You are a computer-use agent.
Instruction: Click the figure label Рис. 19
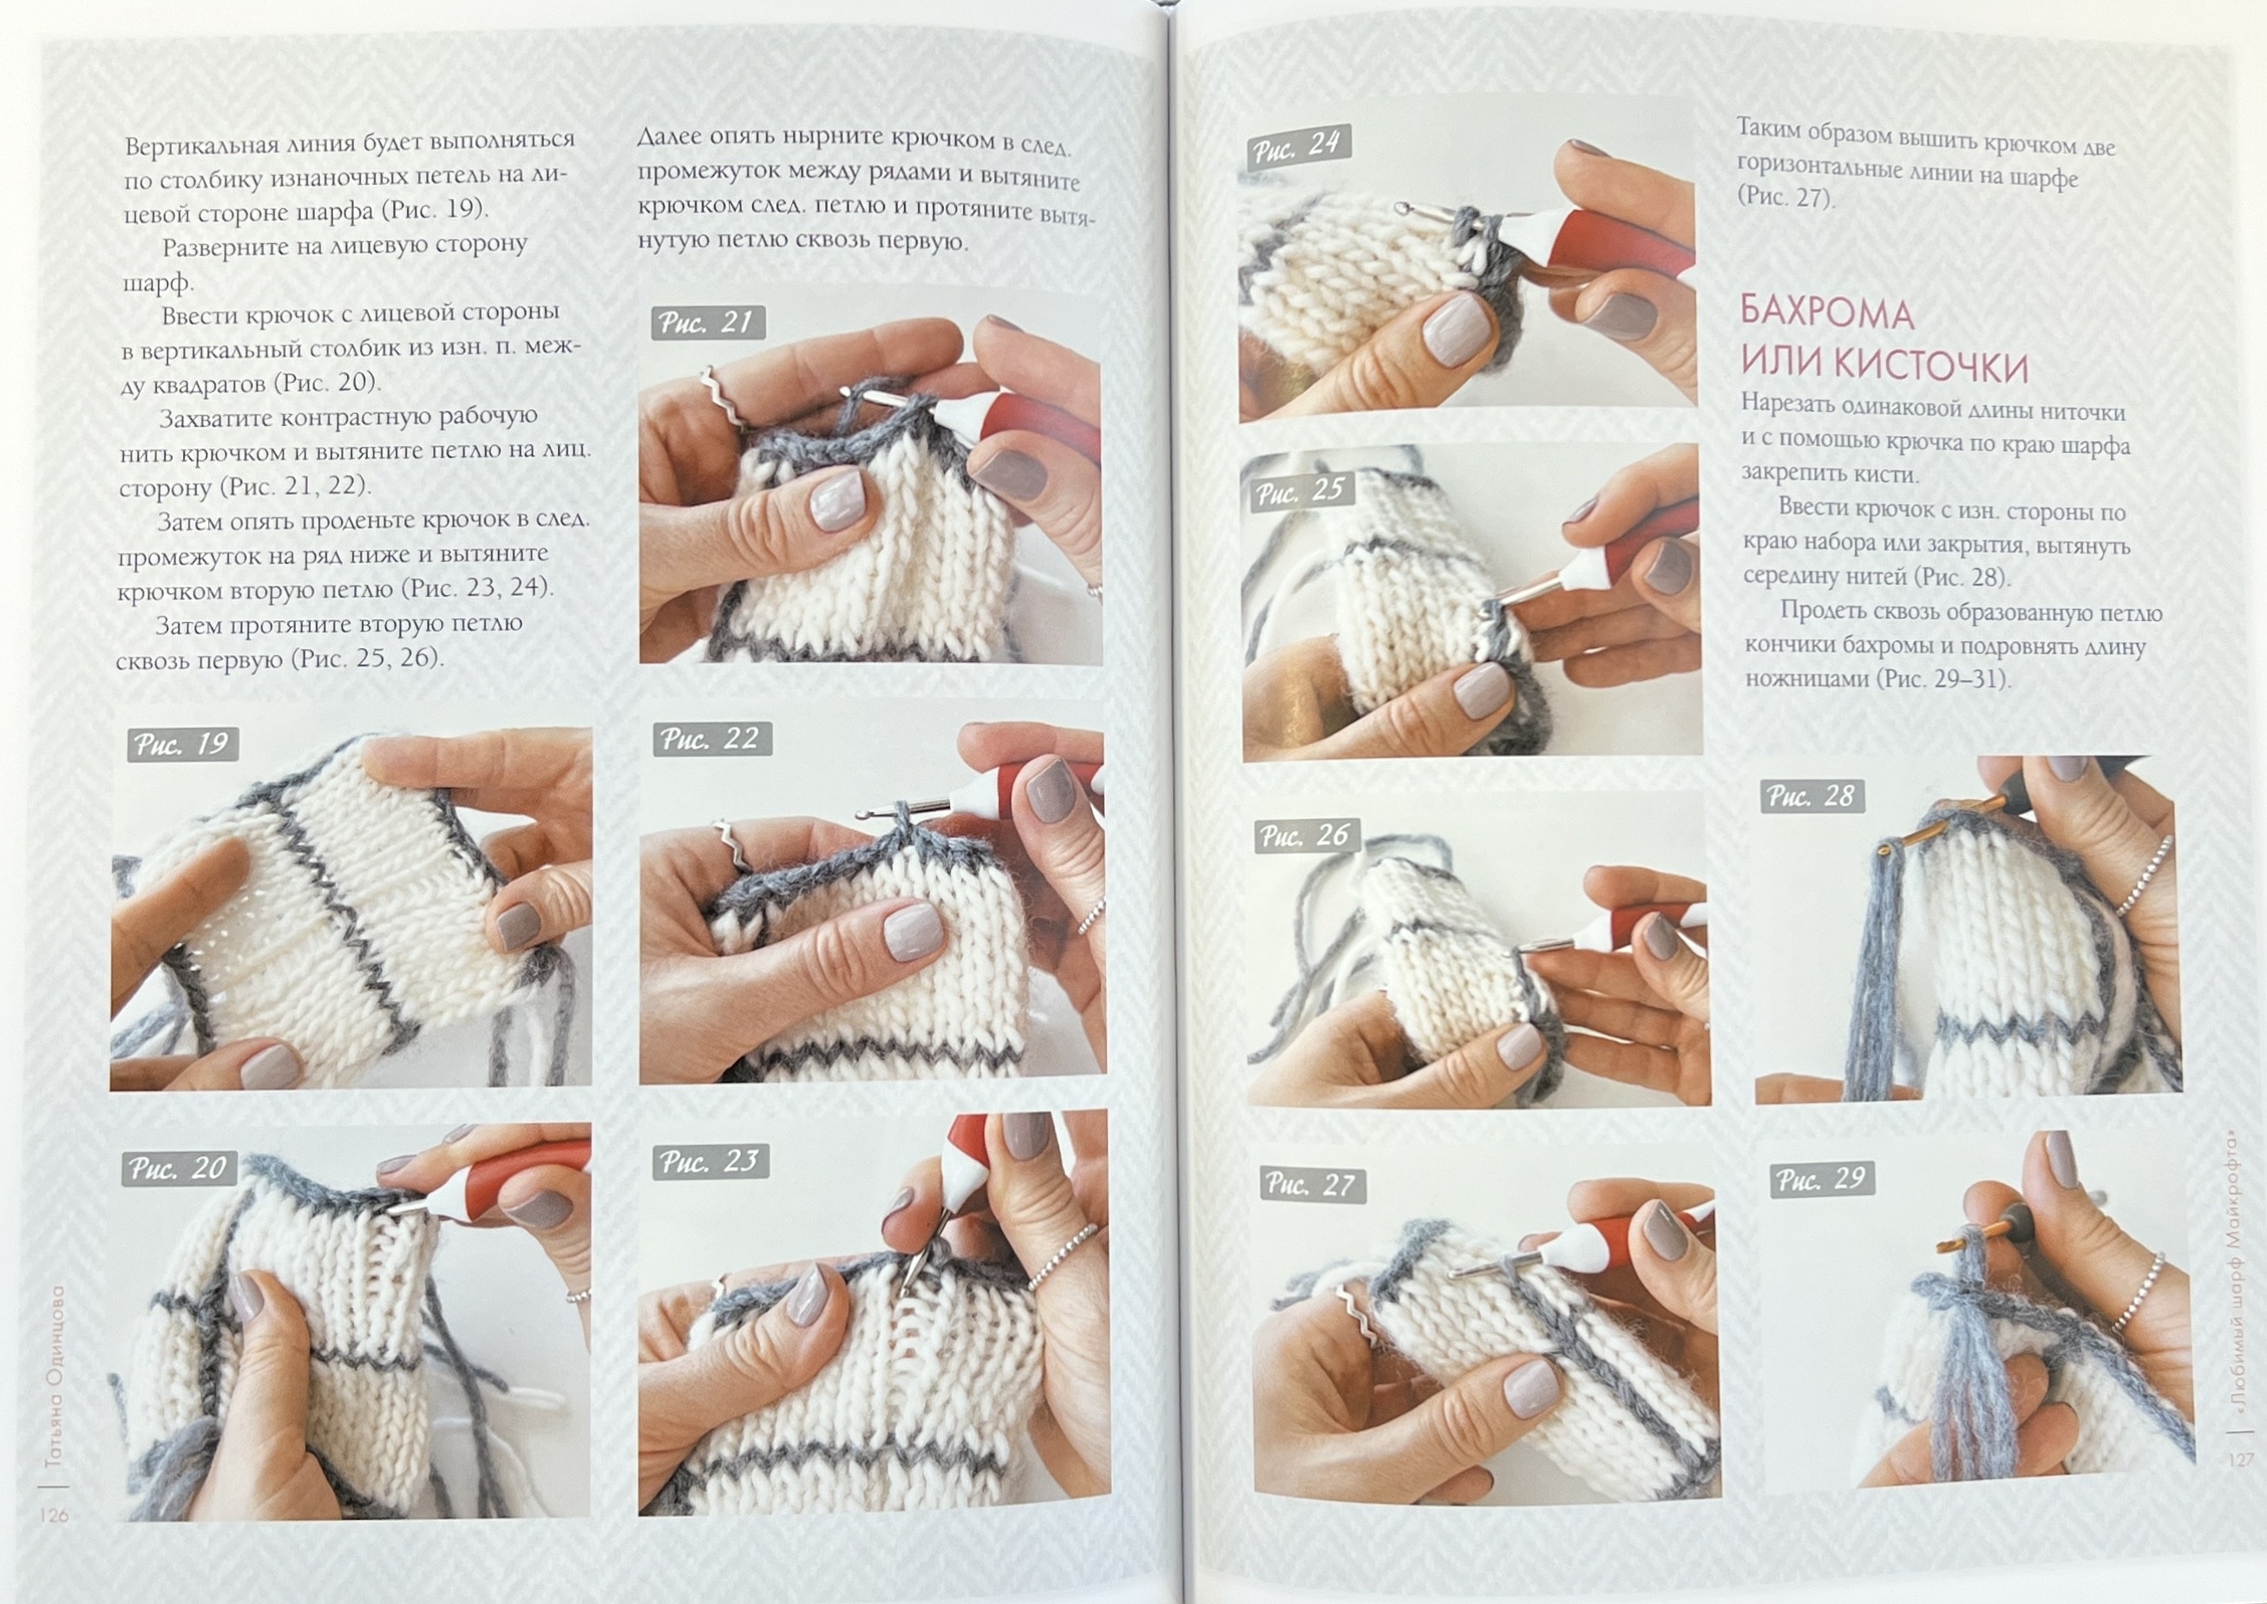(183, 744)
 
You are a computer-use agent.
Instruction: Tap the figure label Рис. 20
(179, 1169)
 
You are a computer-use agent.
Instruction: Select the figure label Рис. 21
(707, 323)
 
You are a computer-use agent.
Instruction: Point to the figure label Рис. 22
(711, 739)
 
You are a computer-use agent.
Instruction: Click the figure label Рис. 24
(1297, 147)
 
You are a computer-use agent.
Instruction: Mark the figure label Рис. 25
(1301, 491)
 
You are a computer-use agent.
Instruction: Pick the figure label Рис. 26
(1306, 836)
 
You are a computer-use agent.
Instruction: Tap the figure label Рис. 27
(1312, 1184)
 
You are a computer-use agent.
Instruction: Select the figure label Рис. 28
(1812, 796)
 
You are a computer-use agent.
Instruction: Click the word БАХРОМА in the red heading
(1827, 313)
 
